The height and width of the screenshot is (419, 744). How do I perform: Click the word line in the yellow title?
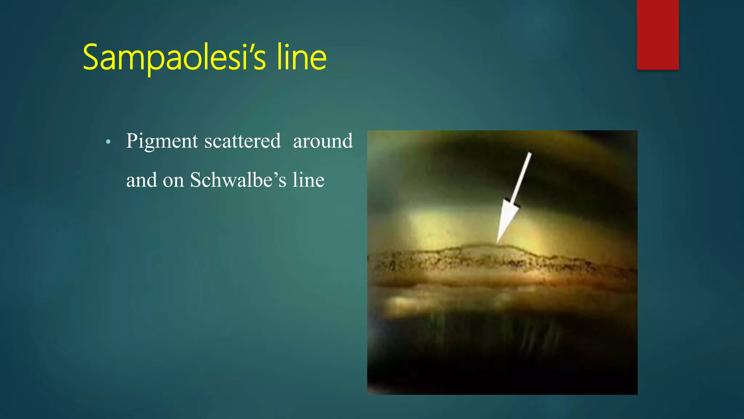coord(301,57)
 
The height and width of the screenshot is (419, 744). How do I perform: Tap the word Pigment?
coord(162,141)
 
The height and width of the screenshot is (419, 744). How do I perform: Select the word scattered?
coord(242,141)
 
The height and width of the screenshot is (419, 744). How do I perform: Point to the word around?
coord(323,141)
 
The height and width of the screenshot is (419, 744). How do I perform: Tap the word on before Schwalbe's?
coord(173,180)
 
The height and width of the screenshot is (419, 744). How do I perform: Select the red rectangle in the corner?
coord(658,35)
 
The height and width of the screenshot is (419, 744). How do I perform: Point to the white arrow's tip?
coord(497,242)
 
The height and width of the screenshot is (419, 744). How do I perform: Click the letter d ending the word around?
coord(347,141)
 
